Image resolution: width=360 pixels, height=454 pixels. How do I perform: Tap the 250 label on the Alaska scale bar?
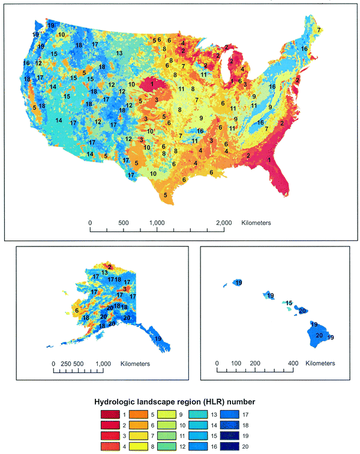[65, 363]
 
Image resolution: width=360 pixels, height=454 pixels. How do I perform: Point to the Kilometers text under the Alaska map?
[135, 363]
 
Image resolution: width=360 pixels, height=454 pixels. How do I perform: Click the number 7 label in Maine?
[319, 30]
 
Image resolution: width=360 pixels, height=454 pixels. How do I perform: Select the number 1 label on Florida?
[269, 160]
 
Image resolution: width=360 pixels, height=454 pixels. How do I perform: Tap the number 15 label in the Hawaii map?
[289, 303]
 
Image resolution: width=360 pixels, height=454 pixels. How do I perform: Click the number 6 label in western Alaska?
[77, 310]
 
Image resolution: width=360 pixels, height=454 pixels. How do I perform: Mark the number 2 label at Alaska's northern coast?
[109, 266]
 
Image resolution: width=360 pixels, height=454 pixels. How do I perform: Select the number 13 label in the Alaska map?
[104, 273]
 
